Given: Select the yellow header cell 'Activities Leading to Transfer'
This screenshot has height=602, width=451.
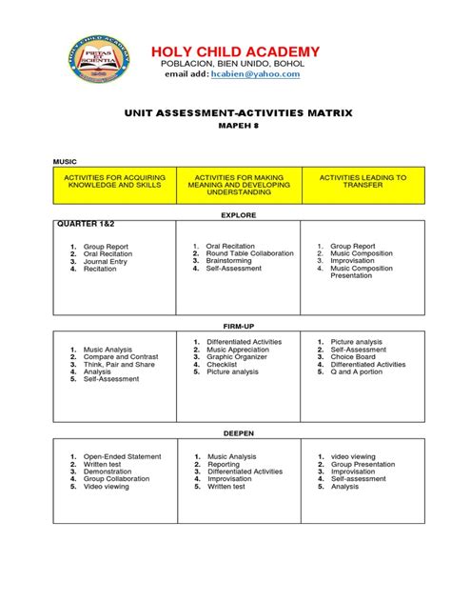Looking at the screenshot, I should coord(362,182).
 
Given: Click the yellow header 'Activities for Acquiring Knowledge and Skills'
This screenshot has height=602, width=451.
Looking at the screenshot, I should coord(113,182).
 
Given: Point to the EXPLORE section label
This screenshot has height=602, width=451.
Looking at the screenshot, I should coord(238,215).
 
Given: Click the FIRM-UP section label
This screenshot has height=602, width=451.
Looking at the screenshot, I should coord(238,325).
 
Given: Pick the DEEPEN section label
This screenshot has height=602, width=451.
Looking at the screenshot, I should coord(238,432).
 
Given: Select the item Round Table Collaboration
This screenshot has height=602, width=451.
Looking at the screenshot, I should coord(250,253).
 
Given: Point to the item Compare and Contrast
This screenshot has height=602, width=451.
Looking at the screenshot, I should coord(121,357).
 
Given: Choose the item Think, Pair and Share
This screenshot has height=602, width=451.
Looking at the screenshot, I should coord(118,365).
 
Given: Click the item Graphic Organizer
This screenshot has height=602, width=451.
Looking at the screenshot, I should coord(238,357).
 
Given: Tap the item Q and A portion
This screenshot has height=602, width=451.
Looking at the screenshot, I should coord(358,372).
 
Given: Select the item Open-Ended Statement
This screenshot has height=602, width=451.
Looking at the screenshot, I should coord(122,457).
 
